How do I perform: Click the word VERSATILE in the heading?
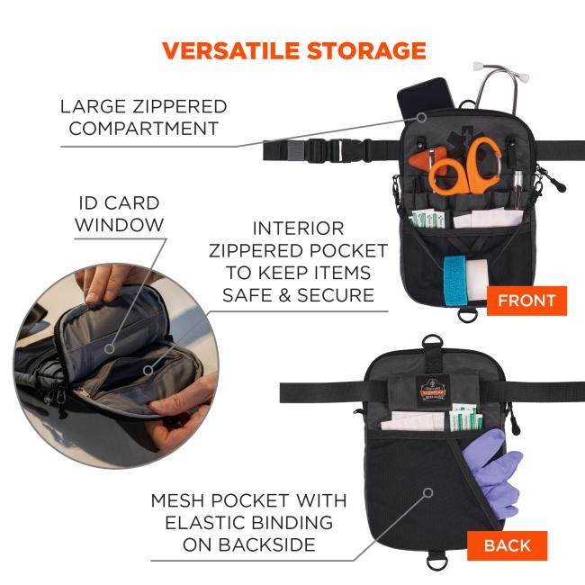[231, 50]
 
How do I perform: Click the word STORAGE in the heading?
[366, 50]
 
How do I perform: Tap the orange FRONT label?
[526, 301]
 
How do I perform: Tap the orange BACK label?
[507, 545]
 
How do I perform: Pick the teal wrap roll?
[455, 280]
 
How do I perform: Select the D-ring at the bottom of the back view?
[437, 560]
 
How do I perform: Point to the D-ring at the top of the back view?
[433, 342]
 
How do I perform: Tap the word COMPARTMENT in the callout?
[144, 129]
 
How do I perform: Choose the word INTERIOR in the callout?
[298, 229]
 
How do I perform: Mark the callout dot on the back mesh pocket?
[428, 492]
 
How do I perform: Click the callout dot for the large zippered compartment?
[421, 118]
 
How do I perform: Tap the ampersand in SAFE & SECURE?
[284, 295]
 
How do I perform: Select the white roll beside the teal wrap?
[478, 278]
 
